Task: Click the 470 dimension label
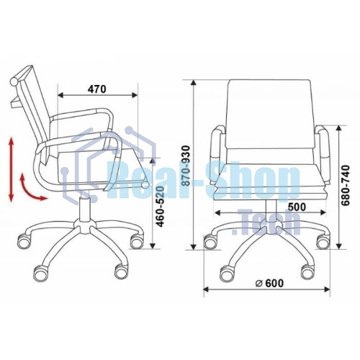pyautogui.click(x=96, y=89)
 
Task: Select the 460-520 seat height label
pyautogui.click(x=160, y=206)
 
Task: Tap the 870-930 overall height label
pyautogui.click(x=186, y=166)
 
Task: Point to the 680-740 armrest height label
pyautogui.click(x=346, y=185)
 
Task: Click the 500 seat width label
pyautogui.click(x=297, y=207)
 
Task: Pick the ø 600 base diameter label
pyautogui.click(x=269, y=283)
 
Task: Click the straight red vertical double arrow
pyautogui.click(x=12, y=169)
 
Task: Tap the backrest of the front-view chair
pyautogui.click(x=271, y=114)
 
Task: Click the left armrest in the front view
pyautogui.click(x=217, y=156)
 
